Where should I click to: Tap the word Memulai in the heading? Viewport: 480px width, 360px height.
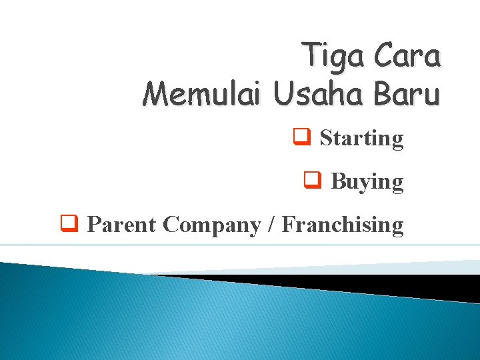tap(203, 94)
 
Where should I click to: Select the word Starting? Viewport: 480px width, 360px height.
tap(361, 139)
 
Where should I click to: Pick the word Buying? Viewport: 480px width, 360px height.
tap(367, 182)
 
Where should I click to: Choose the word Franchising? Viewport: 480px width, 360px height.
tap(343, 225)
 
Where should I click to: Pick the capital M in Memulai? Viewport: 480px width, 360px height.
tap(155, 94)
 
